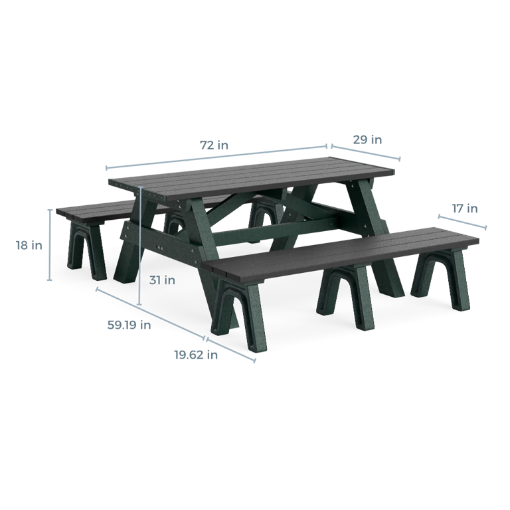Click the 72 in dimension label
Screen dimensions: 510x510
click(x=214, y=145)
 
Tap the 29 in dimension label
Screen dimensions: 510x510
click(x=367, y=140)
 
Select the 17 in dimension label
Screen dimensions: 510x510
click(x=465, y=208)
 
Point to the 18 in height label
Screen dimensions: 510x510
click(x=29, y=245)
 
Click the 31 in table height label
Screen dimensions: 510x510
click(x=162, y=280)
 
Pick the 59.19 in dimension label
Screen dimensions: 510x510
click(x=129, y=325)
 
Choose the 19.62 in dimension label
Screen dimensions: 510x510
click(x=196, y=355)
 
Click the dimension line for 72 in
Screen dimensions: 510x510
click(x=216, y=157)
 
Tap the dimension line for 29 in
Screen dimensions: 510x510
click(x=366, y=152)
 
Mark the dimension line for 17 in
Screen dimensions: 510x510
click(x=462, y=222)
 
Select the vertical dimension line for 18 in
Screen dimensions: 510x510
click(x=50, y=245)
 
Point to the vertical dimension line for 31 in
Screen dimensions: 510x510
click(x=140, y=246)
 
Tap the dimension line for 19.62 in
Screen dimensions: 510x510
click(x=231, y=350)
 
